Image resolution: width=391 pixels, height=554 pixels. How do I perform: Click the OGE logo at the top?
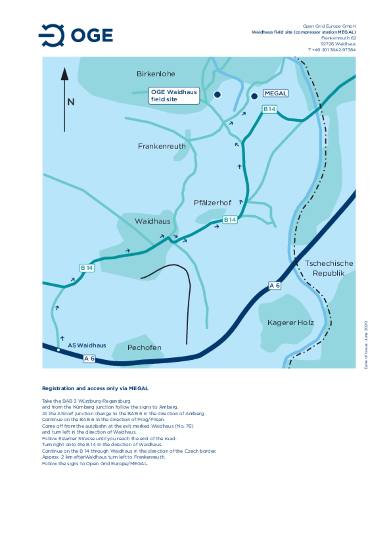tap(76, 35)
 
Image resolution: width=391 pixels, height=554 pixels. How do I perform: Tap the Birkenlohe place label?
tap(156, 74)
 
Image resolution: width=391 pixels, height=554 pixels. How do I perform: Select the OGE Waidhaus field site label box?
tap(174, 96)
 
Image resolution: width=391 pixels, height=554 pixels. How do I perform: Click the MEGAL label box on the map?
tap(275, 94)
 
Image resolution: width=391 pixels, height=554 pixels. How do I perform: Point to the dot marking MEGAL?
tap(254, 96)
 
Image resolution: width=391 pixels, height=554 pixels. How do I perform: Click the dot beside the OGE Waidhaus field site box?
tap(217, 95)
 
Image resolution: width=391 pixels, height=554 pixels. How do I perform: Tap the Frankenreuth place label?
tap(162, 146)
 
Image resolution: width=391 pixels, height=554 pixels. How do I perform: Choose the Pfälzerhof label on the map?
tap(212, 203)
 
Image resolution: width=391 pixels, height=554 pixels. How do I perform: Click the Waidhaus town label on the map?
tap(153, 221)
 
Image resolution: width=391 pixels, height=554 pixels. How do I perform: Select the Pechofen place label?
tap(144, 348)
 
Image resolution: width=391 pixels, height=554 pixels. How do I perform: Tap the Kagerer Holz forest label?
tap(291, 323)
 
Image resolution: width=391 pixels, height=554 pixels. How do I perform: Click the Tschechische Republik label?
tap(329, 268)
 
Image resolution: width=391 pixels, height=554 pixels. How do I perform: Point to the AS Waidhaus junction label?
tap(87, 346)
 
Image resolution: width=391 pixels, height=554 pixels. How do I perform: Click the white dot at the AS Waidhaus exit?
tap(58, 350)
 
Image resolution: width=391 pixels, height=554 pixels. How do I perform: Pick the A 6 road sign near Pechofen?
tap(89, 359)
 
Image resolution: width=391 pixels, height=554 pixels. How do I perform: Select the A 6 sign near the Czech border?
tap(274, 286)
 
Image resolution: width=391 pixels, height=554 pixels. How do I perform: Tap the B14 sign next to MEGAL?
tap(269, 109)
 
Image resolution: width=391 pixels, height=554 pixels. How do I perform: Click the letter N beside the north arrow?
tap(71, 102)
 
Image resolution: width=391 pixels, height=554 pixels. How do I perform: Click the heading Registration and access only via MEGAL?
tap(95, 388)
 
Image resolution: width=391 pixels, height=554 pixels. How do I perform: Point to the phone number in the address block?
tap(332, 50)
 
